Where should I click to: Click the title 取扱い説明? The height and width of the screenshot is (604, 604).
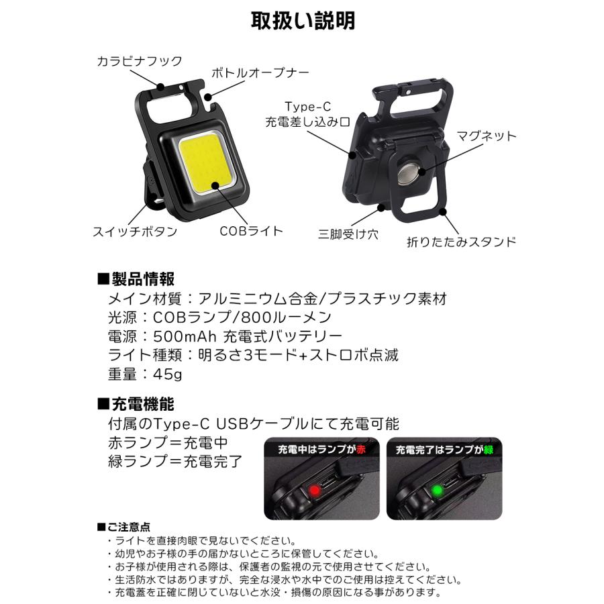coord(303,21)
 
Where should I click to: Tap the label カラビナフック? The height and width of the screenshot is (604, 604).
coord(139,61)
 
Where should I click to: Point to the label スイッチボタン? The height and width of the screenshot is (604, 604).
coord(135,232)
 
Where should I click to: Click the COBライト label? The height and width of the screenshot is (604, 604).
coord(251,231)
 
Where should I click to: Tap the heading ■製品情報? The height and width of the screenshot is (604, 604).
coord(137,279)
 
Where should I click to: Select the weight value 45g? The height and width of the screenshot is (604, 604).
coord(166,373)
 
